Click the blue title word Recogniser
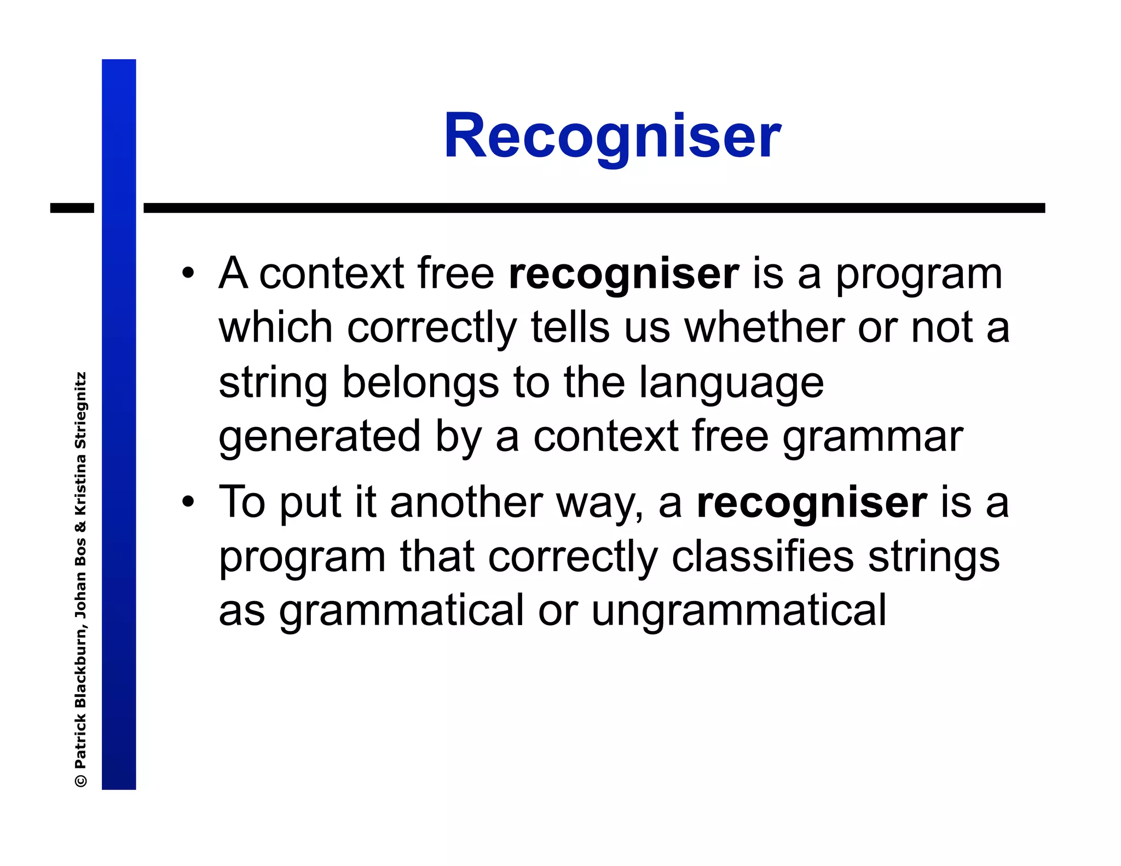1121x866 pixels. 612,136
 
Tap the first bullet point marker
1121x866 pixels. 188,273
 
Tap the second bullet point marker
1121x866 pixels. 188,502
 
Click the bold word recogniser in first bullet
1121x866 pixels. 623,274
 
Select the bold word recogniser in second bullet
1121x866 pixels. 812,503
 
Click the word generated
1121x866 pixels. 319,437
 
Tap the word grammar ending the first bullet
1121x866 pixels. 872,437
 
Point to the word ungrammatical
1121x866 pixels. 738,610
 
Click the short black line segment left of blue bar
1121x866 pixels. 72,208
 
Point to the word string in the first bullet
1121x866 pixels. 273,384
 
